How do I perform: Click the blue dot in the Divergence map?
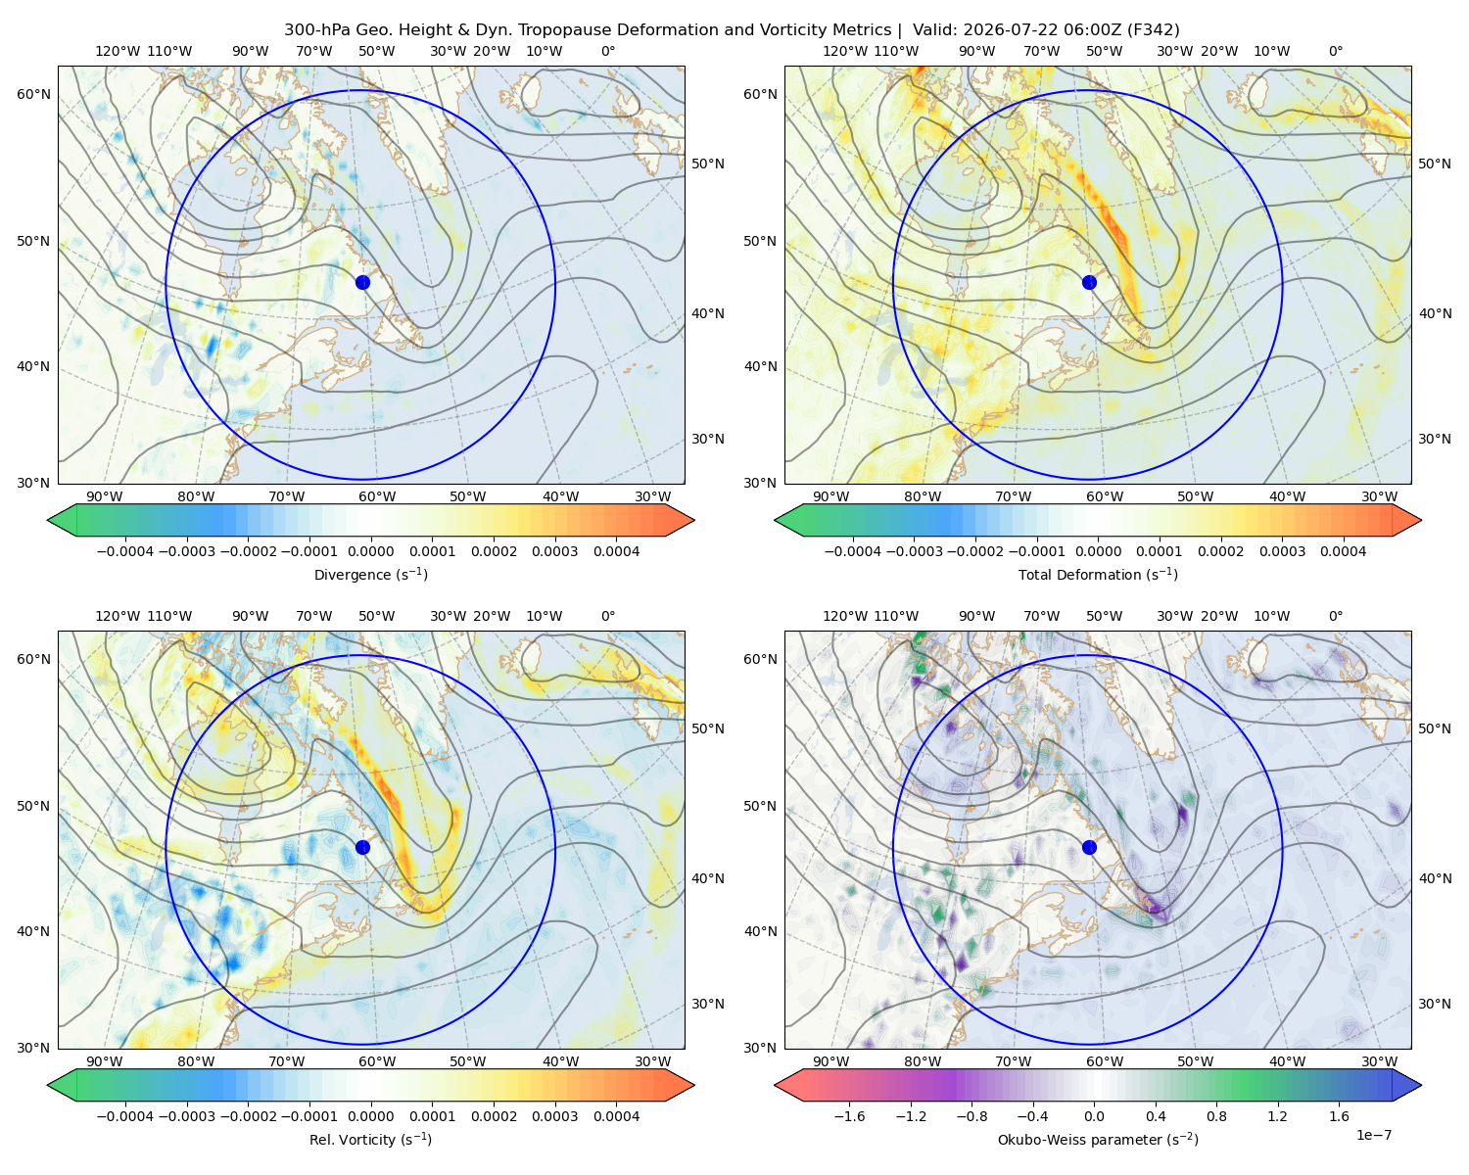click(x=362, y=282)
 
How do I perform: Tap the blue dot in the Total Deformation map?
click(x=1089, y=282)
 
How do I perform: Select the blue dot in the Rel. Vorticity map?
click(x=362, y=847)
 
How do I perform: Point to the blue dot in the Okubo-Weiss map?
click(x=1089, y=847)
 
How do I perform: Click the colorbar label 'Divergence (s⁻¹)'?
click(x=370, y=574)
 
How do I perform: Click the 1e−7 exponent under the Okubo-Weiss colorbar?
click(x=1373, y=1135)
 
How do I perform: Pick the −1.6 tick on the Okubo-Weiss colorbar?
click(x=849, y=1116)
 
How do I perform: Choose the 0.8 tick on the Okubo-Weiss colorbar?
click(x=1216, y=1116)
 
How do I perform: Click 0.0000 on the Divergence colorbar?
click(x=370, y=551)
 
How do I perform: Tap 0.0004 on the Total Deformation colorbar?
click(x=1343, y=551)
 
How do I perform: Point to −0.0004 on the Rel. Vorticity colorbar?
click(x=125, y=1116)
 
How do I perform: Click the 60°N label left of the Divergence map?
click(x=33, y=94)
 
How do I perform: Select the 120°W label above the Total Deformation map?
click(x=845, y=51)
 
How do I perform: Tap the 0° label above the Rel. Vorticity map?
click(x=608, y=616)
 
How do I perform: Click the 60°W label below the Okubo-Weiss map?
click(x=1104, y=1061)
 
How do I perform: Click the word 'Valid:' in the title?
click(x=935, y=30)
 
